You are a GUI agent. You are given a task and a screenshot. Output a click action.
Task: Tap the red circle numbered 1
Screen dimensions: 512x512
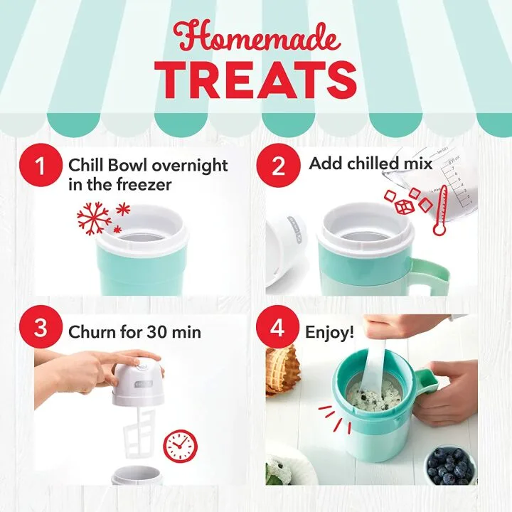[40, 166]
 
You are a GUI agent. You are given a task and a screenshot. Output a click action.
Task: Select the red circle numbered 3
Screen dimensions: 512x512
[40, 329]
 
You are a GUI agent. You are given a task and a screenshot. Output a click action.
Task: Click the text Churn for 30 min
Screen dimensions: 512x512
[134, 332]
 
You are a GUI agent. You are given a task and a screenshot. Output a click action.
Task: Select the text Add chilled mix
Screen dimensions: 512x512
[370, 164]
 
